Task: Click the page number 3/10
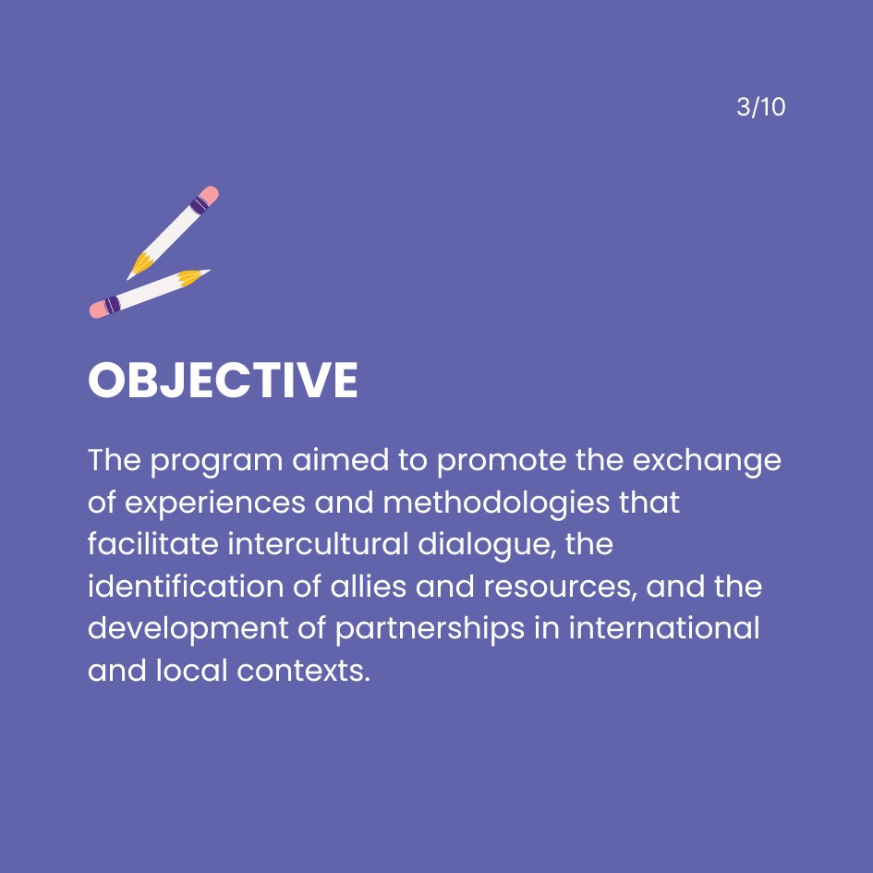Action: pyautogui.click(x=760, y=107)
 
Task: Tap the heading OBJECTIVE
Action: pyautogui.click(x=223, y=380)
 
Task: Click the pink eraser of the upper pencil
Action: pyautogui.click(x=210, y=196)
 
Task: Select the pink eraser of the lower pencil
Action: pyautogui.click(x=98, y=309)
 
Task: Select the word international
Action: pyautogui.click(x=664, y=628)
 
